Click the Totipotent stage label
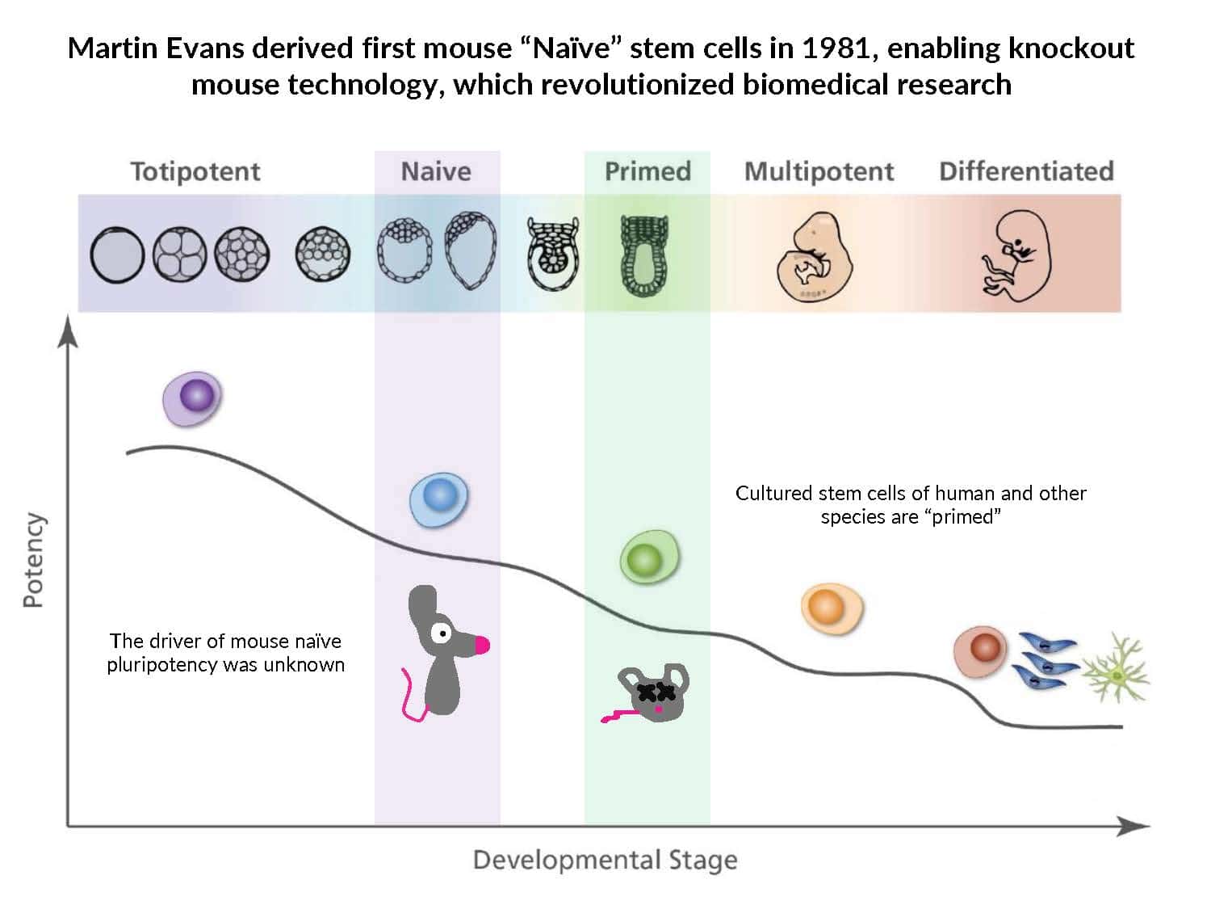coord(195,171)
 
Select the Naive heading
coord(436,171)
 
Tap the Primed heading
coord(647,171)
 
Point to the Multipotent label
coord(819,171)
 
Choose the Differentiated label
coord(1026,171)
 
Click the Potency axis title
coord(33,560)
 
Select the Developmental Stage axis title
coord(605,860)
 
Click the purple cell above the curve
coord(194,398)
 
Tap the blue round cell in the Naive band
coord(439,497)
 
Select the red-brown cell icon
coord(982,650)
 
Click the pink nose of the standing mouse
coord(482,645)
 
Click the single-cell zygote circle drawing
coord(117,255)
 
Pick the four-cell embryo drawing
coord(179,254)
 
